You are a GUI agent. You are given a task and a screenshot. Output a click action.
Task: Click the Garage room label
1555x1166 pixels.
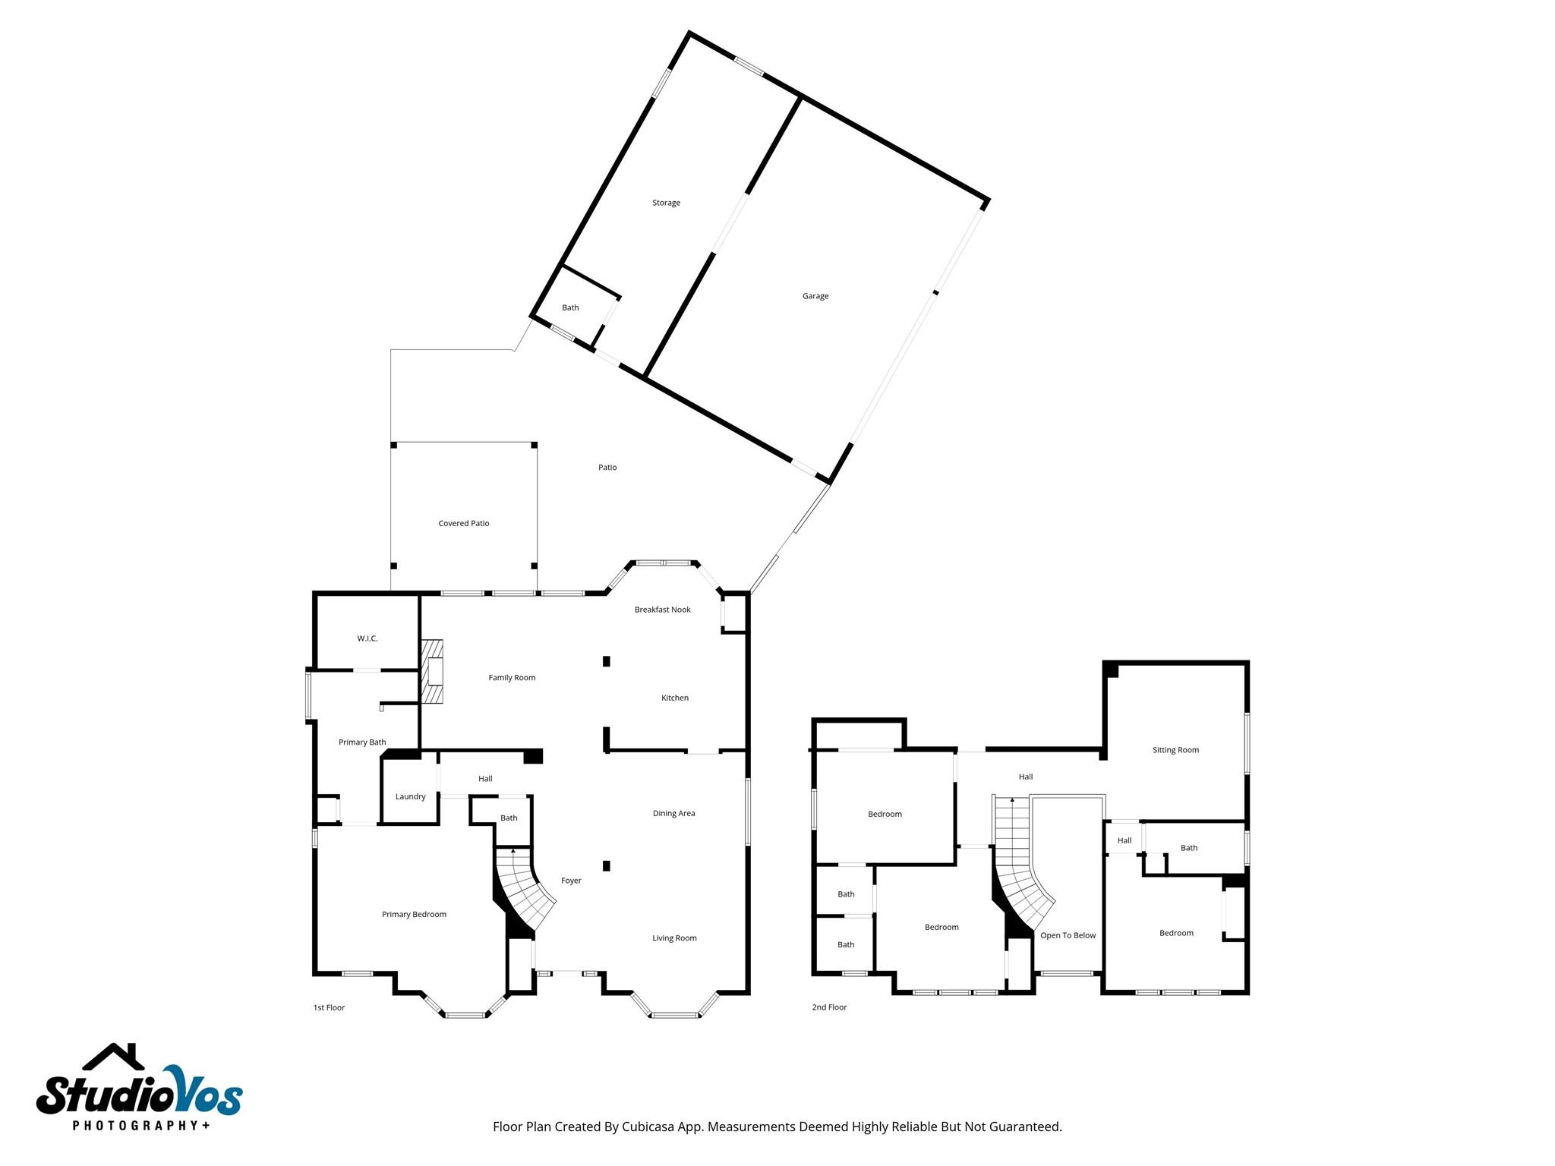click(815, 296)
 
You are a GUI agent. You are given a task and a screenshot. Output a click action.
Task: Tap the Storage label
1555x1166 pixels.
click(666, 203)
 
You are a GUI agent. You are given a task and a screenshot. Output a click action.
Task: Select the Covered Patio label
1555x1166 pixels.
click(463, 523)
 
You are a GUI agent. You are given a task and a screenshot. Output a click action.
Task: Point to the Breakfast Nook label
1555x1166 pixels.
click(662, 610)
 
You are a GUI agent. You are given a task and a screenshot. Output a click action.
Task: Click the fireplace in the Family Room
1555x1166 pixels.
click(434, 673)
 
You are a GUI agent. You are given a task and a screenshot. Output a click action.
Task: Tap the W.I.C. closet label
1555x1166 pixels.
click(367, 638)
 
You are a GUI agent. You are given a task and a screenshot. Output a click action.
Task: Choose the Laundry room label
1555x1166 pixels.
click(410, 796)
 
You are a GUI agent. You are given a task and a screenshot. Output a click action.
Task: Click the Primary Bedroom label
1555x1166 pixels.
click(414, 914)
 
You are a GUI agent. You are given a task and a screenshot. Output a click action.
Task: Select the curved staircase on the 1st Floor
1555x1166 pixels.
click(522, 888)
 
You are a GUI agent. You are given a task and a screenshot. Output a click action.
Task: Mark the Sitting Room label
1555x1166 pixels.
click(1175, 750)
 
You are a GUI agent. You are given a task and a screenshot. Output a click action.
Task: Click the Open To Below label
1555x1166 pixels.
click(1068, 935)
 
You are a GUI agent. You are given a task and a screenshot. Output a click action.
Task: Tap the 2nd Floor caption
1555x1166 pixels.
click(829, 1007)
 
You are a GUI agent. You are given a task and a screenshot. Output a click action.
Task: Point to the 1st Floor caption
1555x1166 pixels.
click(329, 1007)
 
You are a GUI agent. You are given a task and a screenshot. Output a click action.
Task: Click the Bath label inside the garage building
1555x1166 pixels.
click(570, 307)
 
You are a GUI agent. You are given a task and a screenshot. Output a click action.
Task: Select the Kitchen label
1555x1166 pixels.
click(674, 698)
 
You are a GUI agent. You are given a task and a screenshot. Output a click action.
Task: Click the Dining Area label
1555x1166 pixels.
click(673, 813)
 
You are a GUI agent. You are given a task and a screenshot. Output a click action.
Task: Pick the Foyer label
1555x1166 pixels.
click(571, 881)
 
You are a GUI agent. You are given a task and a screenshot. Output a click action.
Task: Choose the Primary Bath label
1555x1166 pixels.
click(362, 742)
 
